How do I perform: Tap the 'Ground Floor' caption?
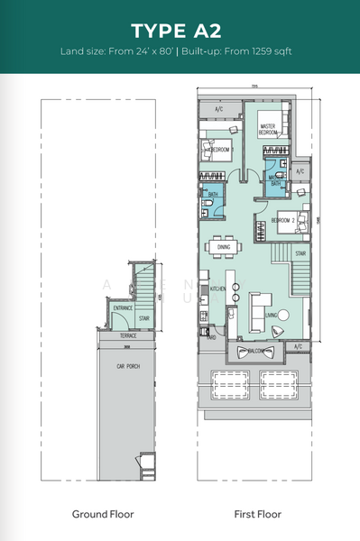[x=103, y=514]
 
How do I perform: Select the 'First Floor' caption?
[x=255, y=514]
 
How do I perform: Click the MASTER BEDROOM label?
[x=268, y=129]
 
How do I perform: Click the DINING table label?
[x=224, y=246]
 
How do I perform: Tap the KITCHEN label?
[x=217, y=289]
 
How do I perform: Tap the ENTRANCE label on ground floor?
[x=124, y=308]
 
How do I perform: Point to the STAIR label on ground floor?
[x=143, y=317]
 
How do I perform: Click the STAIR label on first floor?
[x=300, y=254]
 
